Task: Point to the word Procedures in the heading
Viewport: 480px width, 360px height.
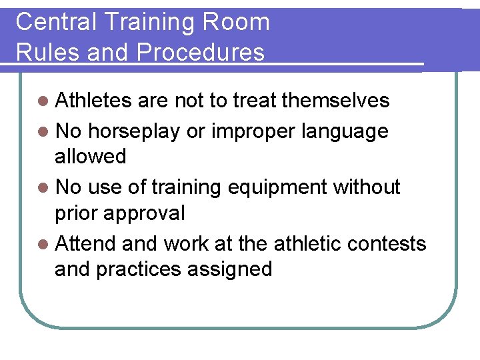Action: pyautogui.click(x=202, y=52)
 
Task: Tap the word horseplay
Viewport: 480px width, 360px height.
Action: pyautogui.click(x=133, y=131)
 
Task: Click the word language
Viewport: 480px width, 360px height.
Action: pyautogui.click(x=345, y=131)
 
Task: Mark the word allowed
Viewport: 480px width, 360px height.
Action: pyautogui.click(x=90, y=157)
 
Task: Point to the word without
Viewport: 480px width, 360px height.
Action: pyautogui.click(x=367, y=187)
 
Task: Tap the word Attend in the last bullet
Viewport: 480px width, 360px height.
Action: pyautogui.click(x=86, y=244)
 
